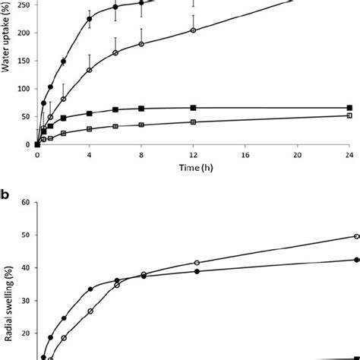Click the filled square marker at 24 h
coord(349,108)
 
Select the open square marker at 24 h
coord(349,115)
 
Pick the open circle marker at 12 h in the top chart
coord(193,30)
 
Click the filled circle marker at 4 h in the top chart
coord(90,19)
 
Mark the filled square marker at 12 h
coord(193,108)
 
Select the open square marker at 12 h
coord(193,122)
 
